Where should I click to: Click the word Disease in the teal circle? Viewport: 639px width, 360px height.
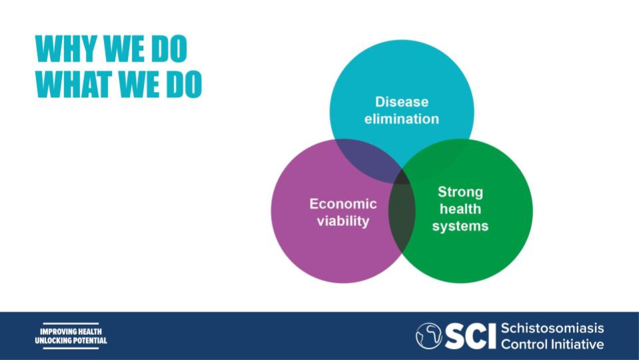click(401, 101)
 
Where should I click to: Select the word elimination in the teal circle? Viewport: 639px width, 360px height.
click(401, 119)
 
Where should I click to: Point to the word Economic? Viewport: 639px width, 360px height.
click(342, 203)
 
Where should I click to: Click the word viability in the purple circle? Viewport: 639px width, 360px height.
click(342, 221)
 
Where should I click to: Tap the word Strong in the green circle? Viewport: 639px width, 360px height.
click(460, 192)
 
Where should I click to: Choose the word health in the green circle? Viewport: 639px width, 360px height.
click(460, 209)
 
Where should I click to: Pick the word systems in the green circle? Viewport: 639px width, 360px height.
click(460, 226)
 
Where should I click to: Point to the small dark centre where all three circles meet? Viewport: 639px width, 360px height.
click(402, 178)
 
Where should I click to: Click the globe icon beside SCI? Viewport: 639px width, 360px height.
click(428, 335)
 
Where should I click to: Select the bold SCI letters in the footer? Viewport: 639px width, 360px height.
click(470, 336)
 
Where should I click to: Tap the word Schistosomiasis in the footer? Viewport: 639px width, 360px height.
click(552, 328)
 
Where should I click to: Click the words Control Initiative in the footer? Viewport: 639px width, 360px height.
click(552, 344)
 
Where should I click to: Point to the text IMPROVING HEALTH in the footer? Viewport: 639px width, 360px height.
click(71, 331)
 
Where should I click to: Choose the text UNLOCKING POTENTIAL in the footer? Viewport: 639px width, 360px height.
click(71, 341)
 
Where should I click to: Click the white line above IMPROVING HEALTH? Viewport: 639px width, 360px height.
click(71, 324)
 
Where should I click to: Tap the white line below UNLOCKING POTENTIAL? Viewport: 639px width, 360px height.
click(71, 348)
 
